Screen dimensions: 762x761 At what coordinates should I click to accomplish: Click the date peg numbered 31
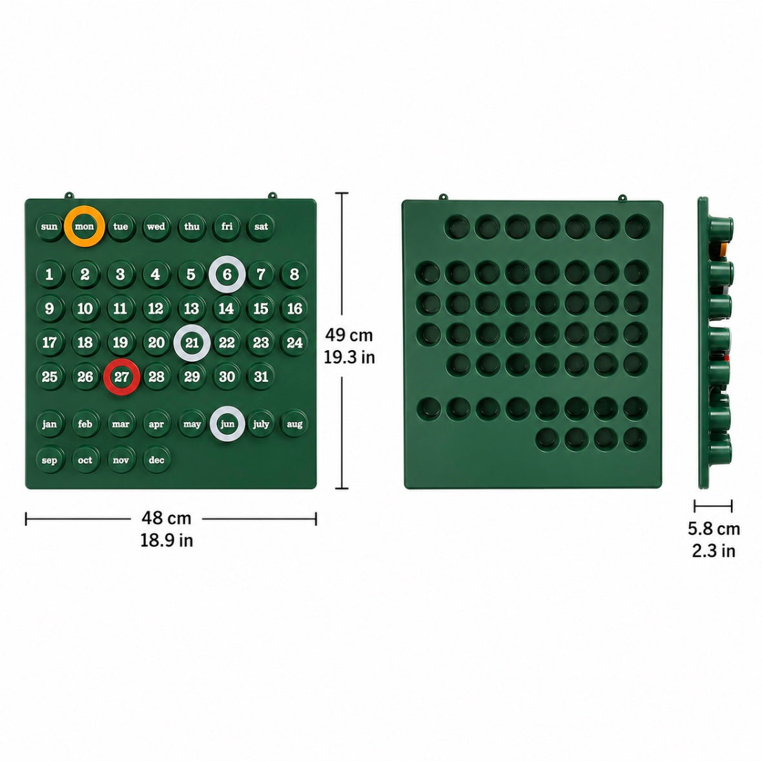coord(261,377)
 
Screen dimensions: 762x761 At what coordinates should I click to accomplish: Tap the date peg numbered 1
coord(50,275)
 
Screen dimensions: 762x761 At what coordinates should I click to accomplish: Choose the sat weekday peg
coord(261,227)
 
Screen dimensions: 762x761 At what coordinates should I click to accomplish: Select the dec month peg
coord(156,460)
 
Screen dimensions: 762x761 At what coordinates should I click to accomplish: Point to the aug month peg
coord(294,424)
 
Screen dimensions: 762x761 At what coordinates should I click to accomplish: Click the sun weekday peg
coord(50,227)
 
